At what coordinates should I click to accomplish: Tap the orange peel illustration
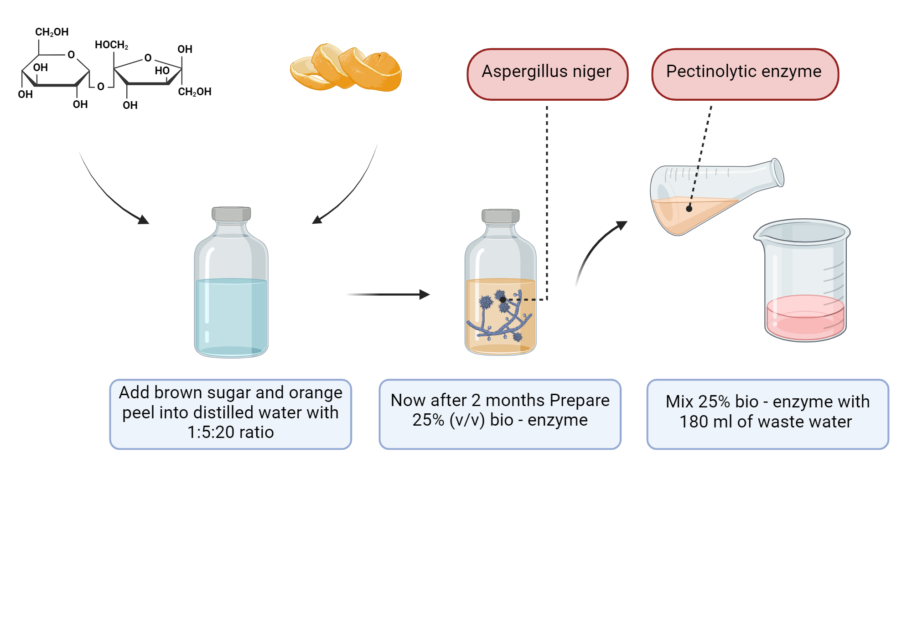tap(347, 68)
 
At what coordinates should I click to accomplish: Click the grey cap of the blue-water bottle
tap(231, 214)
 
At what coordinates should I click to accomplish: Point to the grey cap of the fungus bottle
tap(500, 216)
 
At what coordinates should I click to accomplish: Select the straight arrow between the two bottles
tap(388, 295)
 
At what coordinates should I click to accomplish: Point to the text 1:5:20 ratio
tap(230, 432)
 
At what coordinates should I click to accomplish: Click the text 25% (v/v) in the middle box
tap(448, 420)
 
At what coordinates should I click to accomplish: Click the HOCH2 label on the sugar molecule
tap(111, 45)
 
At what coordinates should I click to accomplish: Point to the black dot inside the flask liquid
tap(689, 209)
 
